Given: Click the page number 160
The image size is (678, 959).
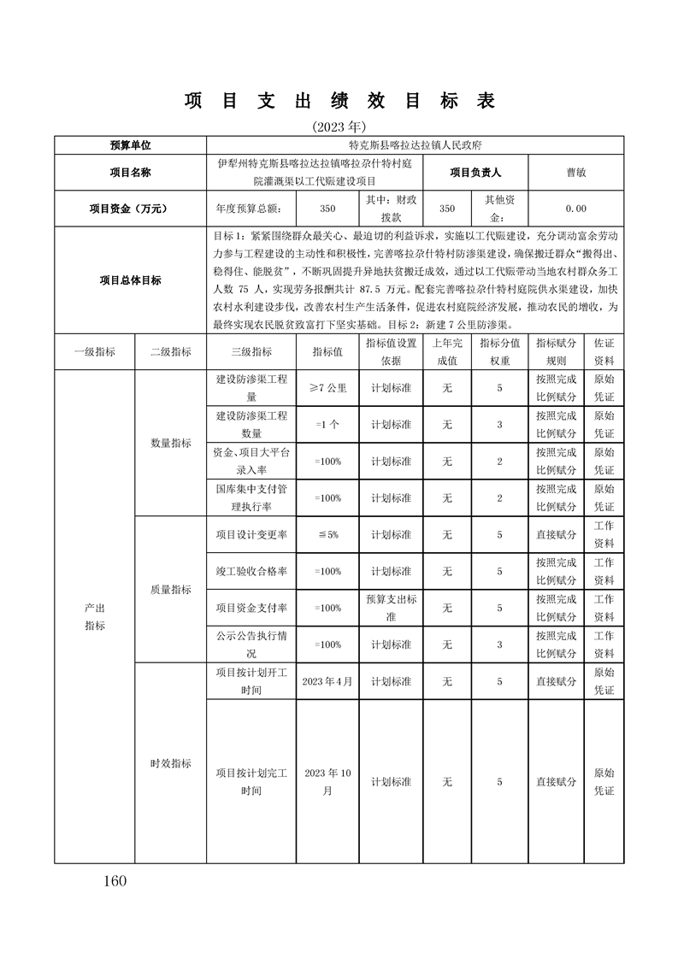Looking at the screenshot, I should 113,881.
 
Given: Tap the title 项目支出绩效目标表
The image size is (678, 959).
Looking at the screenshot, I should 339,101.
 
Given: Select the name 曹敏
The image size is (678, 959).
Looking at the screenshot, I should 575,172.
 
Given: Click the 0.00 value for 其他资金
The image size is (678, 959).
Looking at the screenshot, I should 575,208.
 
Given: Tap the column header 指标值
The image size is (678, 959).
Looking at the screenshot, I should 327,351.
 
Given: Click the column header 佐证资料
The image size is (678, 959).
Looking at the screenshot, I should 604,351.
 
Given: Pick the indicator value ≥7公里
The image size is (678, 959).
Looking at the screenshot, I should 327,387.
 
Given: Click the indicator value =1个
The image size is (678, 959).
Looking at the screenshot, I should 327,425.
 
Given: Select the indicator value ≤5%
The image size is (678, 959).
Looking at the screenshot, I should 327,534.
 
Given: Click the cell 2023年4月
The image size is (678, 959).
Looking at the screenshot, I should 327,681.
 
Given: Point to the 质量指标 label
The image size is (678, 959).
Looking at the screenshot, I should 171,590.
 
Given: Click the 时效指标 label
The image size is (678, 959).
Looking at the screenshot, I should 171,763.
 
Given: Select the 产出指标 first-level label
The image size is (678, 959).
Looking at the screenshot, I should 94,616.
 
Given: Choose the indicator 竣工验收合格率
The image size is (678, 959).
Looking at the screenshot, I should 251,571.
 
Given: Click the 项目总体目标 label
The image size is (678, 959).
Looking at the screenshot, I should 130,279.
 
